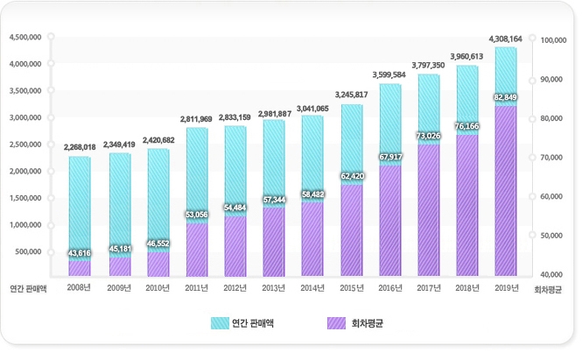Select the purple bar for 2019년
[505, 193]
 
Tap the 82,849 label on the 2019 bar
[505, 97]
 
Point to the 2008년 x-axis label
[79, 287]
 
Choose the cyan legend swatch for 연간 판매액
[219, 323]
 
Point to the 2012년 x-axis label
[234, 287]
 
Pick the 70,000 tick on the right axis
[553, 158]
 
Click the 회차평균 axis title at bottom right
[547, 288]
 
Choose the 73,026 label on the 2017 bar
[428, 136]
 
